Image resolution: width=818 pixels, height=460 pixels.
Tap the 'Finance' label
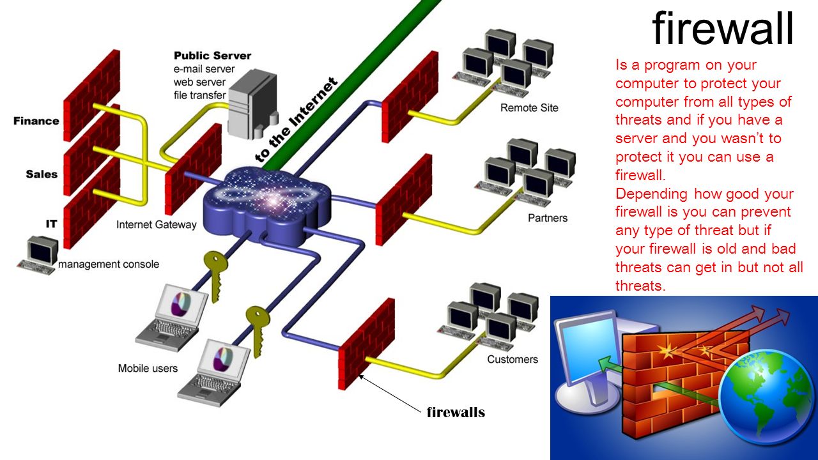pyautogui.click(x=36, y=121)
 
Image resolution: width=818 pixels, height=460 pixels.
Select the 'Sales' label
pyautogui.click(x=42, y=174)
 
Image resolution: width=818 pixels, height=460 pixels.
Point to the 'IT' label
pyautogui.click(x=51, y=224)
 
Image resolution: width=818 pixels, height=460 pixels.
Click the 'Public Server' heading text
pyautogui.click(x=212, y=56)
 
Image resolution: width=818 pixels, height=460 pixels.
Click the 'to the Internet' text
pyautogui.click(x=296, y=120)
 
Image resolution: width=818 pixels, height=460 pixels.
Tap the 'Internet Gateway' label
pyautogui.click(x=157, y=225)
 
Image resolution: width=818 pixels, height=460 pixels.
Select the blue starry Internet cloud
pyautogui.click(x=268, y=201)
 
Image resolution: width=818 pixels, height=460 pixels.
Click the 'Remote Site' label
pyautogui.click(x=529, y=107)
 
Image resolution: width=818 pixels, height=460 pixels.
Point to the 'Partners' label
pyautogui.click(x=548, y=218)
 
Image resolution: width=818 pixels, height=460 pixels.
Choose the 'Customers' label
pyautogui.click(x=513, y=359)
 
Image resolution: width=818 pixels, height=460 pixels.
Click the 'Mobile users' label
pyautogui.click(x=148, y=368)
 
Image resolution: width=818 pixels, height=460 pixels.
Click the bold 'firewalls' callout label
pyautogui.click(x=456, y=412)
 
